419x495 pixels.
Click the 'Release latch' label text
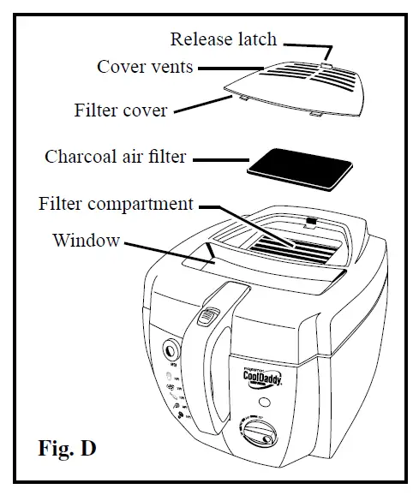(x=223, y=39)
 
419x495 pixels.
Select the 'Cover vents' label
(x=145, y=67)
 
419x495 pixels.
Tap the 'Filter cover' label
(x=121, y=110)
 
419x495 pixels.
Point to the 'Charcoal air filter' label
(x=116, y=158)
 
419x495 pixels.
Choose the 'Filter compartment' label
(x=117, y=205)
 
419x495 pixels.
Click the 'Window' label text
(x=86, y=240)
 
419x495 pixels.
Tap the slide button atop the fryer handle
(x=205, y=319)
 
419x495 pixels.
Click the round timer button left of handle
(x=171, y=350)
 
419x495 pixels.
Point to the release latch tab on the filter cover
(x=326, y=63)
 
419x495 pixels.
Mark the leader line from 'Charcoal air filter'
(x=218, y=158)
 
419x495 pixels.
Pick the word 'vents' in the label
(x=171, y=67)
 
